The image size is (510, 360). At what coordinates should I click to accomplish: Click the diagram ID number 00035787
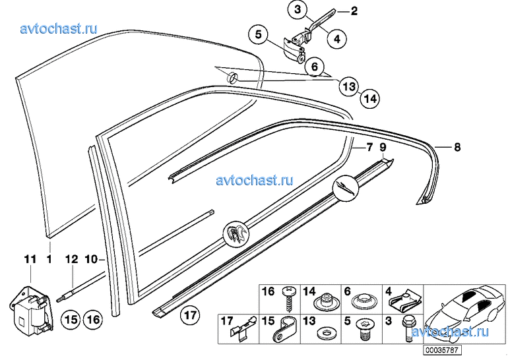point(442,350)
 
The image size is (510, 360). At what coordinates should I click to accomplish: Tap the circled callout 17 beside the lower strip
point(190,315)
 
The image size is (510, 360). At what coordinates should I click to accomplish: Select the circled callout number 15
point(71,320)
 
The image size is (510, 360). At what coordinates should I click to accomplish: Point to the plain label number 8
point(457,147)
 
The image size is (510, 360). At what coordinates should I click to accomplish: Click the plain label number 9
point(383,147)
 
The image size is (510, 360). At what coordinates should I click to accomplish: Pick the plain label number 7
point(369,147)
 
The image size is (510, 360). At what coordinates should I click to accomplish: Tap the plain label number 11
point(30,259)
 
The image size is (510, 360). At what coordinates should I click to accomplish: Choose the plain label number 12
point(71,259)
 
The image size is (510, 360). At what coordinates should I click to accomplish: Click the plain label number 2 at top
point(354,11)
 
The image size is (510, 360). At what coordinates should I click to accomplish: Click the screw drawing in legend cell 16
point(288,299)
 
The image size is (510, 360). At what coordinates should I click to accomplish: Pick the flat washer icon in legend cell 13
point(323,334)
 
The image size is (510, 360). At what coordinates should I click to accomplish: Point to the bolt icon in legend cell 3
point(407,329)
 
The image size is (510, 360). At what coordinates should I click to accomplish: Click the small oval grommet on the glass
point(232,78)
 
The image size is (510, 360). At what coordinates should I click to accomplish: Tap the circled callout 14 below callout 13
point(370,98)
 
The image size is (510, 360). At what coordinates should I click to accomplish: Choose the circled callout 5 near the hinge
point(258,34)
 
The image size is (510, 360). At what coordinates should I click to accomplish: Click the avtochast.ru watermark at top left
point(59,29)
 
